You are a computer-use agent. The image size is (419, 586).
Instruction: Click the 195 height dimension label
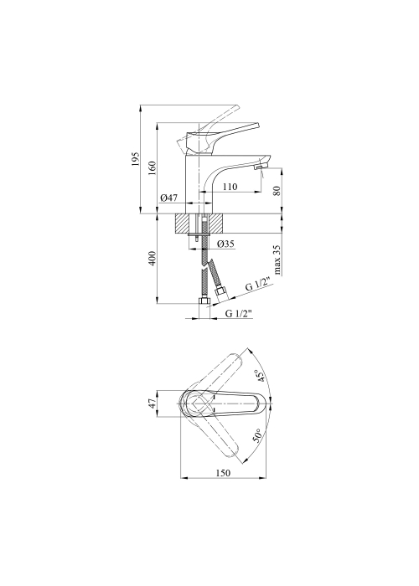pos(136,159)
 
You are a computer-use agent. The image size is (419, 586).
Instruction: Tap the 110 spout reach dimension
pos(230,187)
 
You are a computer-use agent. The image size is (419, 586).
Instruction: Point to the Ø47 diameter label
pos(168,198)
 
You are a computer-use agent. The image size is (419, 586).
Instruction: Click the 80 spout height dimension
pos(277,192)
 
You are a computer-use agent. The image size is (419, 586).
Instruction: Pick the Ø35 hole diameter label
pos(225,244)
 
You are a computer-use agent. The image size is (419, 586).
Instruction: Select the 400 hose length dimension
pos(153,259)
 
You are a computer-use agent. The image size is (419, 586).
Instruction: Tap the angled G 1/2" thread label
pos(258,286)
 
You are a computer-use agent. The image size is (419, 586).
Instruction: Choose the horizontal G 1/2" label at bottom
pos(240,314)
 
